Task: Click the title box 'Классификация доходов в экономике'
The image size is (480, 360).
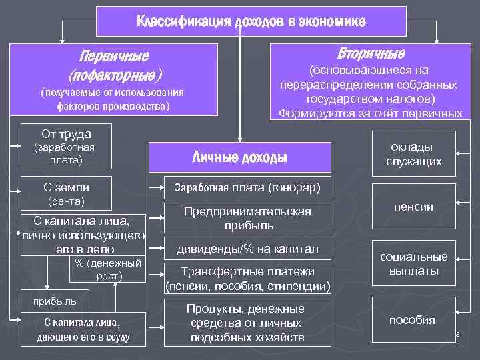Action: coord(251,21)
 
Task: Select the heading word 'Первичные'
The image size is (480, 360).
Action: coord(115,55)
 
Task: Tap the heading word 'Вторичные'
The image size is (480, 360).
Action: coord(371,53)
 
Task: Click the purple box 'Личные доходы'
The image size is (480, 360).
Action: coord(239,157)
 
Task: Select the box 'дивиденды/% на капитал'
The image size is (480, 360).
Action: coord(247,249)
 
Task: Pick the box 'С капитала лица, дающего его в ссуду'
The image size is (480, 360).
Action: coord(83,329)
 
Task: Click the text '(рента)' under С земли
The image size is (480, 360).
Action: coord(66,201)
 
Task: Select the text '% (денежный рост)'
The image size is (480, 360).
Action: coord(100,269)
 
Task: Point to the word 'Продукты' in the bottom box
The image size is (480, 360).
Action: coord(212,309)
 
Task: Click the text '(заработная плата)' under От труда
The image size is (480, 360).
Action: coord(64,153)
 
